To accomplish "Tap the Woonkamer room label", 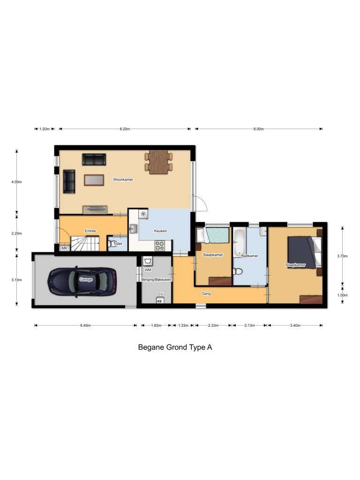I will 123,179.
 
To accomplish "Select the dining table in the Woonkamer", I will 158,161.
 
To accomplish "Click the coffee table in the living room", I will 94,180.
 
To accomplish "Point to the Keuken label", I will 160,231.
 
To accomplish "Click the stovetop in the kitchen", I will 159,244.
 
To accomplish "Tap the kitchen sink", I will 133,229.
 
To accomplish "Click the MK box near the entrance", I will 64,247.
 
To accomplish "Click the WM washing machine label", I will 148,270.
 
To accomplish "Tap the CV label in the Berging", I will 160,294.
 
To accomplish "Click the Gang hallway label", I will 206,293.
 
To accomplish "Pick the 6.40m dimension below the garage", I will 85,325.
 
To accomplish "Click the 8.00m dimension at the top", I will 258,129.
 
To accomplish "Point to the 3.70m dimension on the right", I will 343,256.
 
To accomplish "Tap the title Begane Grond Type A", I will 175,347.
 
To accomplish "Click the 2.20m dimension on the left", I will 16,233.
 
